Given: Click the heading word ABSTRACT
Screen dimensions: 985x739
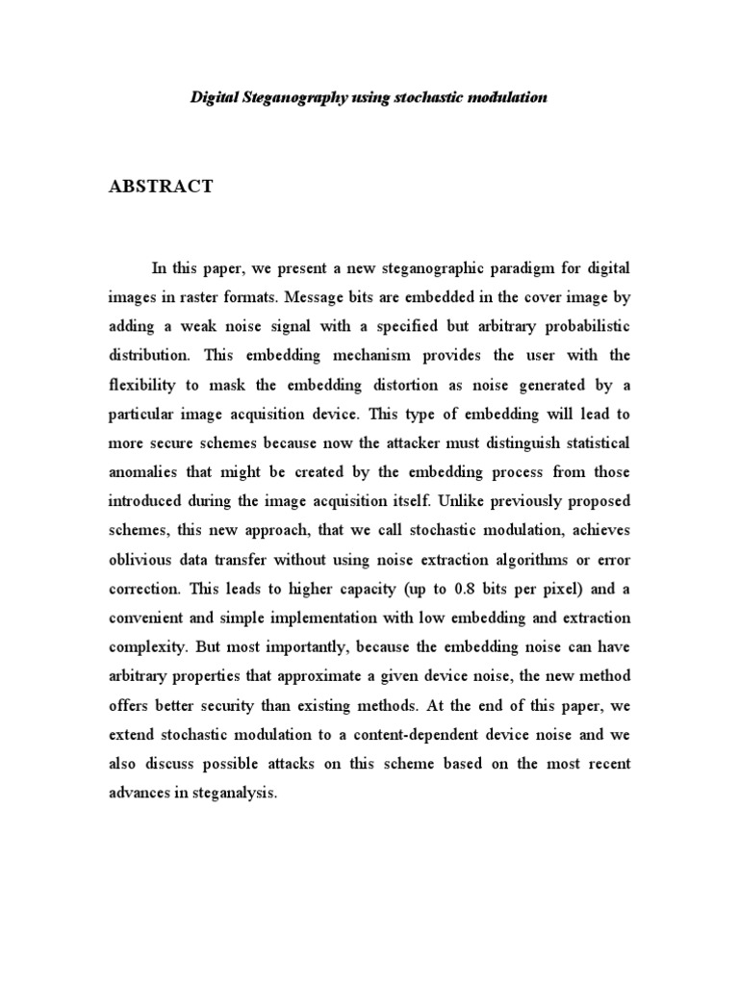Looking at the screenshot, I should pyautogui.click(x=161, y=187).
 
